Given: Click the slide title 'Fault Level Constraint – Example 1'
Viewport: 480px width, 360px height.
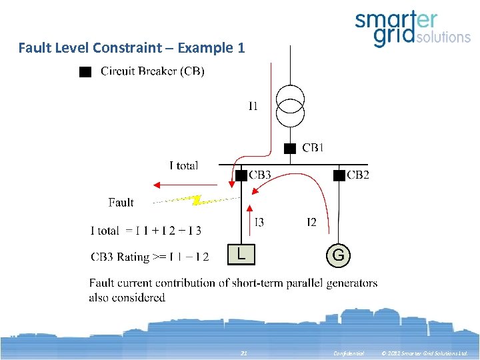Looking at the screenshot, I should pos(131,48).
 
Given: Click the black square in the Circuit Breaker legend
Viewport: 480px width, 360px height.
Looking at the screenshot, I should pos(85,71).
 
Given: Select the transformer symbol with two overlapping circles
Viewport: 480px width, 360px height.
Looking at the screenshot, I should pos(290,105).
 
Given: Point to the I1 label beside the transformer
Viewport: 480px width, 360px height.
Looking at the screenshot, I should pos(253,106).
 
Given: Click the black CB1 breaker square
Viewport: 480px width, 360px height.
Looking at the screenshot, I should pos(290,148).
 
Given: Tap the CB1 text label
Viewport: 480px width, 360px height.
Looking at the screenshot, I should pos(313,148).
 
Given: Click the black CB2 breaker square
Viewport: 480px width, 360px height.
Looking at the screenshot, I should pos(339,175).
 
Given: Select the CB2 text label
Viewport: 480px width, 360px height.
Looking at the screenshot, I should pos(358,175).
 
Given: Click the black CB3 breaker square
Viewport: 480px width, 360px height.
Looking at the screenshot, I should pos(241,175).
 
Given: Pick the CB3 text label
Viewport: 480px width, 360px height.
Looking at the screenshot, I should pos(260,175).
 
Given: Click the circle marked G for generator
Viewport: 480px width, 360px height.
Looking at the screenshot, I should pos(339,255).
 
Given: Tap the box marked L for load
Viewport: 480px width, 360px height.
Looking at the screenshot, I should pos(241,253).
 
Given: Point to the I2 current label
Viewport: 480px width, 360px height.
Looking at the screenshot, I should pos(311,222).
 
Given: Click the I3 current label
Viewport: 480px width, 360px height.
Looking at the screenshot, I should pos(259,222).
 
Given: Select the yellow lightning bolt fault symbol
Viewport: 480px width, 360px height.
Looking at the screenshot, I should pos(195,199).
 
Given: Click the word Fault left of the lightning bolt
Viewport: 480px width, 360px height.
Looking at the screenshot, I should pos(121,203).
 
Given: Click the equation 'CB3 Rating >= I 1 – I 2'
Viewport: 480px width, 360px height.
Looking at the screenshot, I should pos(149,257).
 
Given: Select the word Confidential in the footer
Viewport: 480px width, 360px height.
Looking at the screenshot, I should pos(349,353).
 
